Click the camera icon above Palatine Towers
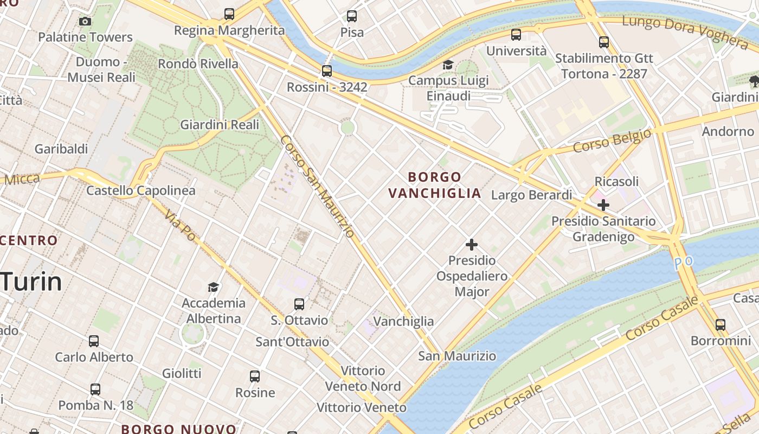tap(85, 22)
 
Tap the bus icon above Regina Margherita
tap(229, 14)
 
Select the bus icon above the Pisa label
tap(352, 16)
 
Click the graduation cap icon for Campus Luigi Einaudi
tap(448, 65)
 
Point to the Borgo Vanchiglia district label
tap(435, 185)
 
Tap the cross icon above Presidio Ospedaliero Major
tap(472, 245)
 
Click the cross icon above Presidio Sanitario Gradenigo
tap(603, 205)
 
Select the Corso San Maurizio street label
tap(317, 186)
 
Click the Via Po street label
tap(181, 226)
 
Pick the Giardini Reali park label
tap(220, 125)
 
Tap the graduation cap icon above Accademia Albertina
tap(214, 287)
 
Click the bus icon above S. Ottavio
tap(299, 304)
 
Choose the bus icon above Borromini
tap(720, 325)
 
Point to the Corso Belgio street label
tap(612, 141)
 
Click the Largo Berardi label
tap(531, 195)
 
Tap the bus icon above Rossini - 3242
tap(326, 71)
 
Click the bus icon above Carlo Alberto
tap(94, 341)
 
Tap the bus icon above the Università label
tap(516, 35)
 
